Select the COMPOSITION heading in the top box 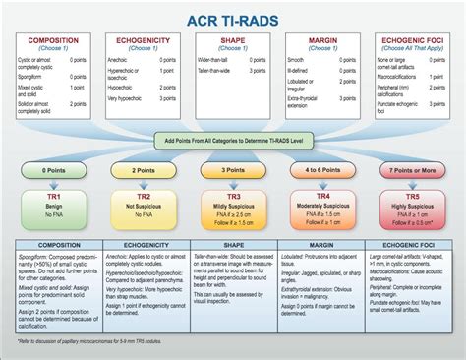click(x=55, y=40)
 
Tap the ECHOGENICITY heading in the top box click(x=145, y=40)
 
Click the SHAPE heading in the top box click(x=233, y=40)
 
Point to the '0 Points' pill click(x=55, y=170)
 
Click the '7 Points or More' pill click(x=410, y=170)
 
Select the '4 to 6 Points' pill click(x=321, y=170)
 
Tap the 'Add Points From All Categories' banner click(x=233, y=141)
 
